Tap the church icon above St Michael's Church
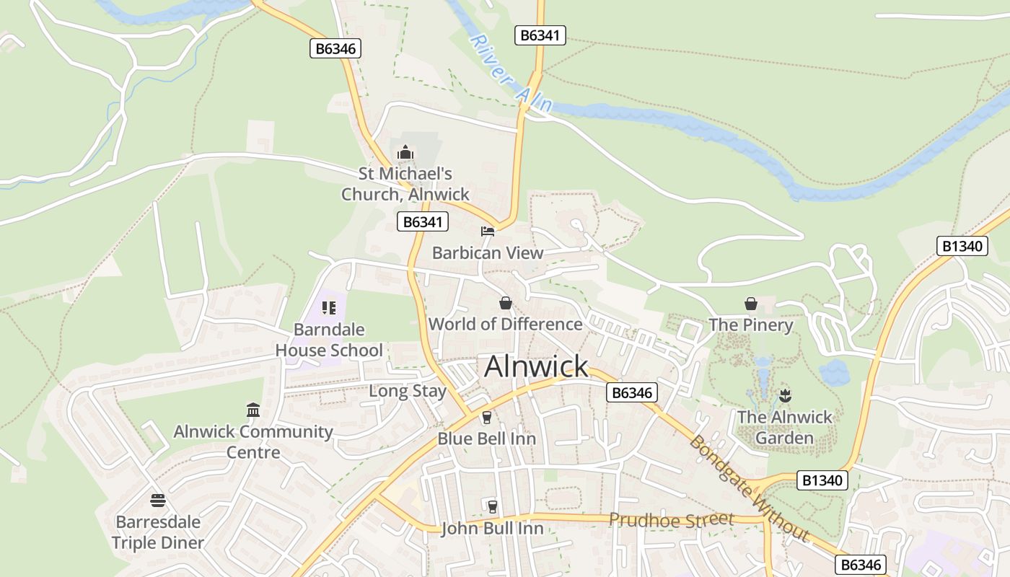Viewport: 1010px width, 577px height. point(405,152)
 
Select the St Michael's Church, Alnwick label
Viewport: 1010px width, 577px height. point(405,184)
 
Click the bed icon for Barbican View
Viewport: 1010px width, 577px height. point(488,232)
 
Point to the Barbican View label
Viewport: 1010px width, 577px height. point(488,253)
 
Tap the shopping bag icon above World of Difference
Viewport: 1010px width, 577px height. point(506,303)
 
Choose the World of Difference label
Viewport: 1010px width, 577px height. point(506,324)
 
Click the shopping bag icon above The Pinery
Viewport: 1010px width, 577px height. point(751,304)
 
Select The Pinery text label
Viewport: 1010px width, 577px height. point(751,325)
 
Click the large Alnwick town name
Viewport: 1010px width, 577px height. point(536,366)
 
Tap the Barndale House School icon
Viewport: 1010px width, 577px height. point(330,308)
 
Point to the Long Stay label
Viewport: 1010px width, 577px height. point(408,391)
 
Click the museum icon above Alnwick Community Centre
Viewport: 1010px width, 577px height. point(253,410)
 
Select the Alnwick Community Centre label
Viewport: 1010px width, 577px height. point(253,442)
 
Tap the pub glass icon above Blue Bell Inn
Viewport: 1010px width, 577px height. point(486,418)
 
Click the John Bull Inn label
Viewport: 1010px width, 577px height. point(492,529)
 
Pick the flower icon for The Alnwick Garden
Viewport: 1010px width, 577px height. point(785,395)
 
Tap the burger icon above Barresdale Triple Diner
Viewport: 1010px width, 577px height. point(158,500)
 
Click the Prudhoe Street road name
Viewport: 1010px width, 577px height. point(671,519)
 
